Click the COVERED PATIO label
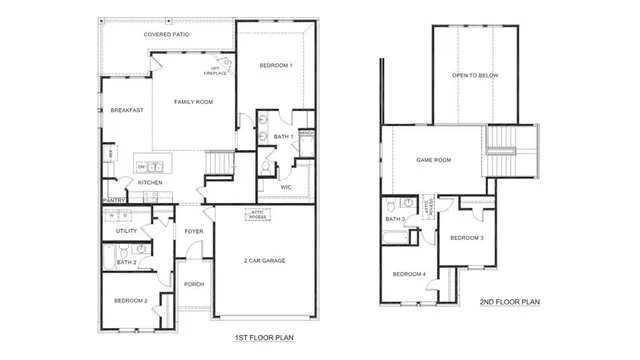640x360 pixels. click(166, 35)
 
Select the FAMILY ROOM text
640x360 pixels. click(194, 102)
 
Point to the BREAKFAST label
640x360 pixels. click(127, 110)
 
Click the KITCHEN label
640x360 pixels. click(150, 183)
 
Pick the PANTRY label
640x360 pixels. click(113, 201)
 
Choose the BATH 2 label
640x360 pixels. click(125, 262)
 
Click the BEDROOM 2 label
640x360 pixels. click(131, 300)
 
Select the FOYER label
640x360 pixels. click(193, 231)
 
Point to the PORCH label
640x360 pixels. click(194, 284)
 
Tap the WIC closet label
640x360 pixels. click(285, 186)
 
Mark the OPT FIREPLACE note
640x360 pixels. click(215, 71)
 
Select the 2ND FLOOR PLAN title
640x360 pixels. click(509, 302)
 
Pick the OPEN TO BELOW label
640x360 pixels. click(475, 75)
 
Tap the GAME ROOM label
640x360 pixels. click(434, 159)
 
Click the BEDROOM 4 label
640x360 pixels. click(409, 274)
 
